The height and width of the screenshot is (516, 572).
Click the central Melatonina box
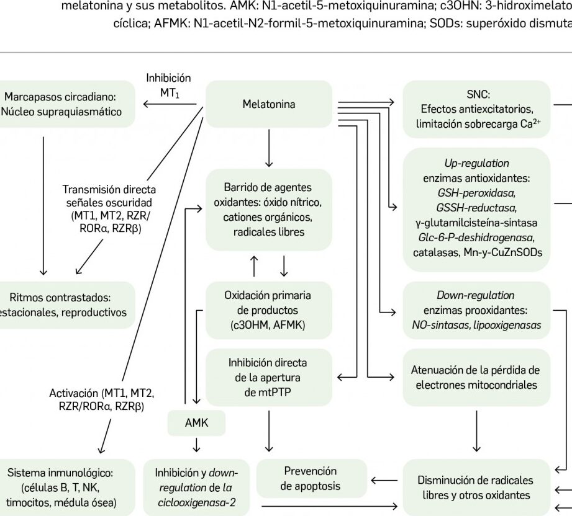coord(268,104)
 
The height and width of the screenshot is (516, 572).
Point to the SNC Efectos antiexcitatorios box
coord(477,109)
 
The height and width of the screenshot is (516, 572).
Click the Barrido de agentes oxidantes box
coord(268,209)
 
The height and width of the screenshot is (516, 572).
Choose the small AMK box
coord(196,424)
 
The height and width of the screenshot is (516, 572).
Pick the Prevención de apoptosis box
coord(311,478)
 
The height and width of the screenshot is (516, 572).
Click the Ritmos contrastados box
coord(68,304)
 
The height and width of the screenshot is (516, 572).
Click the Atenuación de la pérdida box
coord(476,377)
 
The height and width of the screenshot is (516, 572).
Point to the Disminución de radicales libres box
coord(476,487)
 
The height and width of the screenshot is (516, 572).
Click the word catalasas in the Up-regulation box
coord(433,252)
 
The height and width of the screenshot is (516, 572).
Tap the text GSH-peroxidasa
coord(476,192)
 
